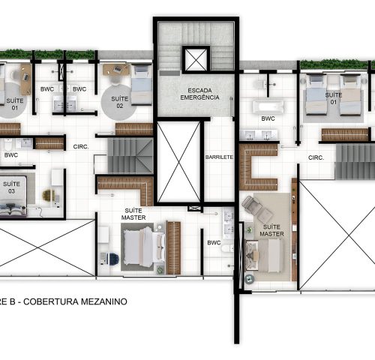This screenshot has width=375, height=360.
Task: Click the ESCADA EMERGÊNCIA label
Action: click(199, 94)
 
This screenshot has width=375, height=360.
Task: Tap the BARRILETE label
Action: click(219, 157)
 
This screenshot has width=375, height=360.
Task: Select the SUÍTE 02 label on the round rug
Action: click(120, 102)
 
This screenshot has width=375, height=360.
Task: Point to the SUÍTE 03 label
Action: click(11, 187)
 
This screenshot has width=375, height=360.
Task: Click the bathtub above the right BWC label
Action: click(268, 106)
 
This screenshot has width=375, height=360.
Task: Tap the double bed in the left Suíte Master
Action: click(143, 247)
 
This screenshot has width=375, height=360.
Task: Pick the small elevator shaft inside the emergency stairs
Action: click(196, 60)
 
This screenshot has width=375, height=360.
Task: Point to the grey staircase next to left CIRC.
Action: click(130, 156)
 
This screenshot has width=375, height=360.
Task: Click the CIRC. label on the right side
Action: click(316, 157)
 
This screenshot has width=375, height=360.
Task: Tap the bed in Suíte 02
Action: click(142, 84)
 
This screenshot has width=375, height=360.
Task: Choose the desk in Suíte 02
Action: click(116, 70)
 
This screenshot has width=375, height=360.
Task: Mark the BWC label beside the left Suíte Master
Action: click(214, 242)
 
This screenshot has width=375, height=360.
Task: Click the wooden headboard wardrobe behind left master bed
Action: click(173, 247)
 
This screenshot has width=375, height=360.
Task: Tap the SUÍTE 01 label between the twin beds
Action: click(334, 98)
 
